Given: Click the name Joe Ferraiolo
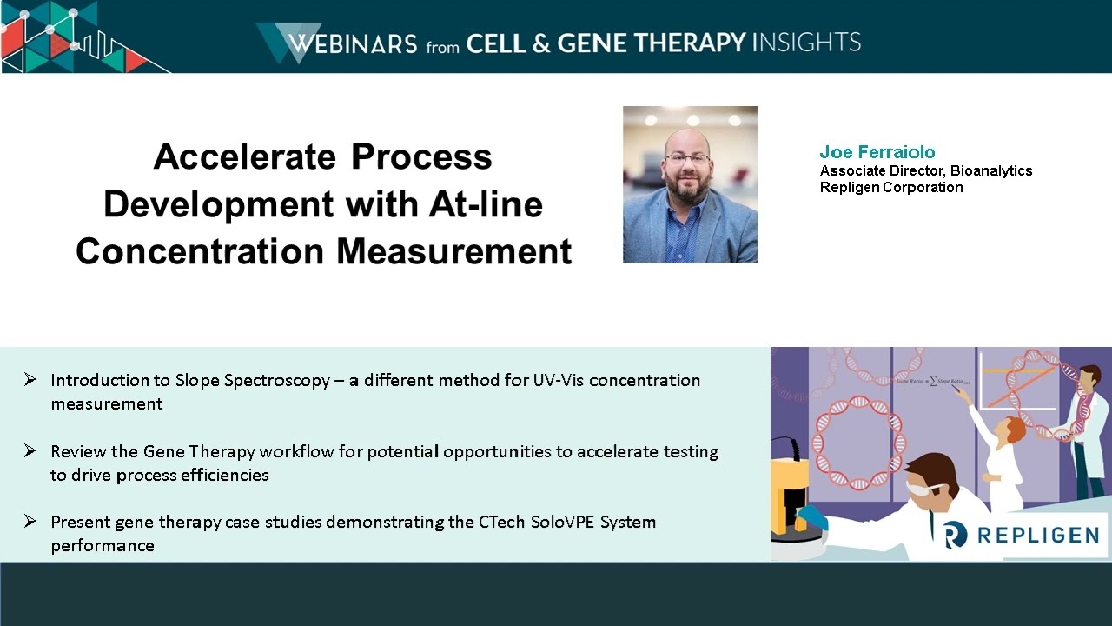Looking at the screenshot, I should click(877, 152).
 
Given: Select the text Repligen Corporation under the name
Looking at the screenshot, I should click(890, 187).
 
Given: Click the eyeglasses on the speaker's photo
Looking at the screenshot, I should click(686, 158).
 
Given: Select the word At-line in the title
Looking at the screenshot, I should click(486, 204).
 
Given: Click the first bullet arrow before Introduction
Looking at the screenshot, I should click(30, 379).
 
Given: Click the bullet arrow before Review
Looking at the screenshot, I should click(30, 450).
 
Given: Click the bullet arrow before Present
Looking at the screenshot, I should click(30, 521).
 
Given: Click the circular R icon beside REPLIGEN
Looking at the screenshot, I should click(955, 534).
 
